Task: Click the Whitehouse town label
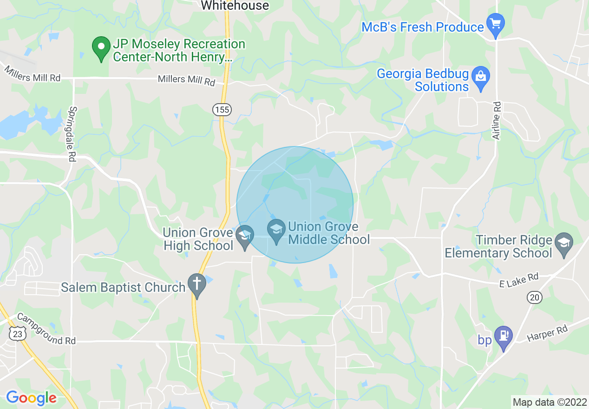coord(235,6)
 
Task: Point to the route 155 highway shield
coord(222,109)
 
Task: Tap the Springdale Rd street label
coord(72,134)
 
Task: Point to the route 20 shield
coord(535,297)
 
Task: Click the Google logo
coord(31,398)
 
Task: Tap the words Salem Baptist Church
coord(123,287)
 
